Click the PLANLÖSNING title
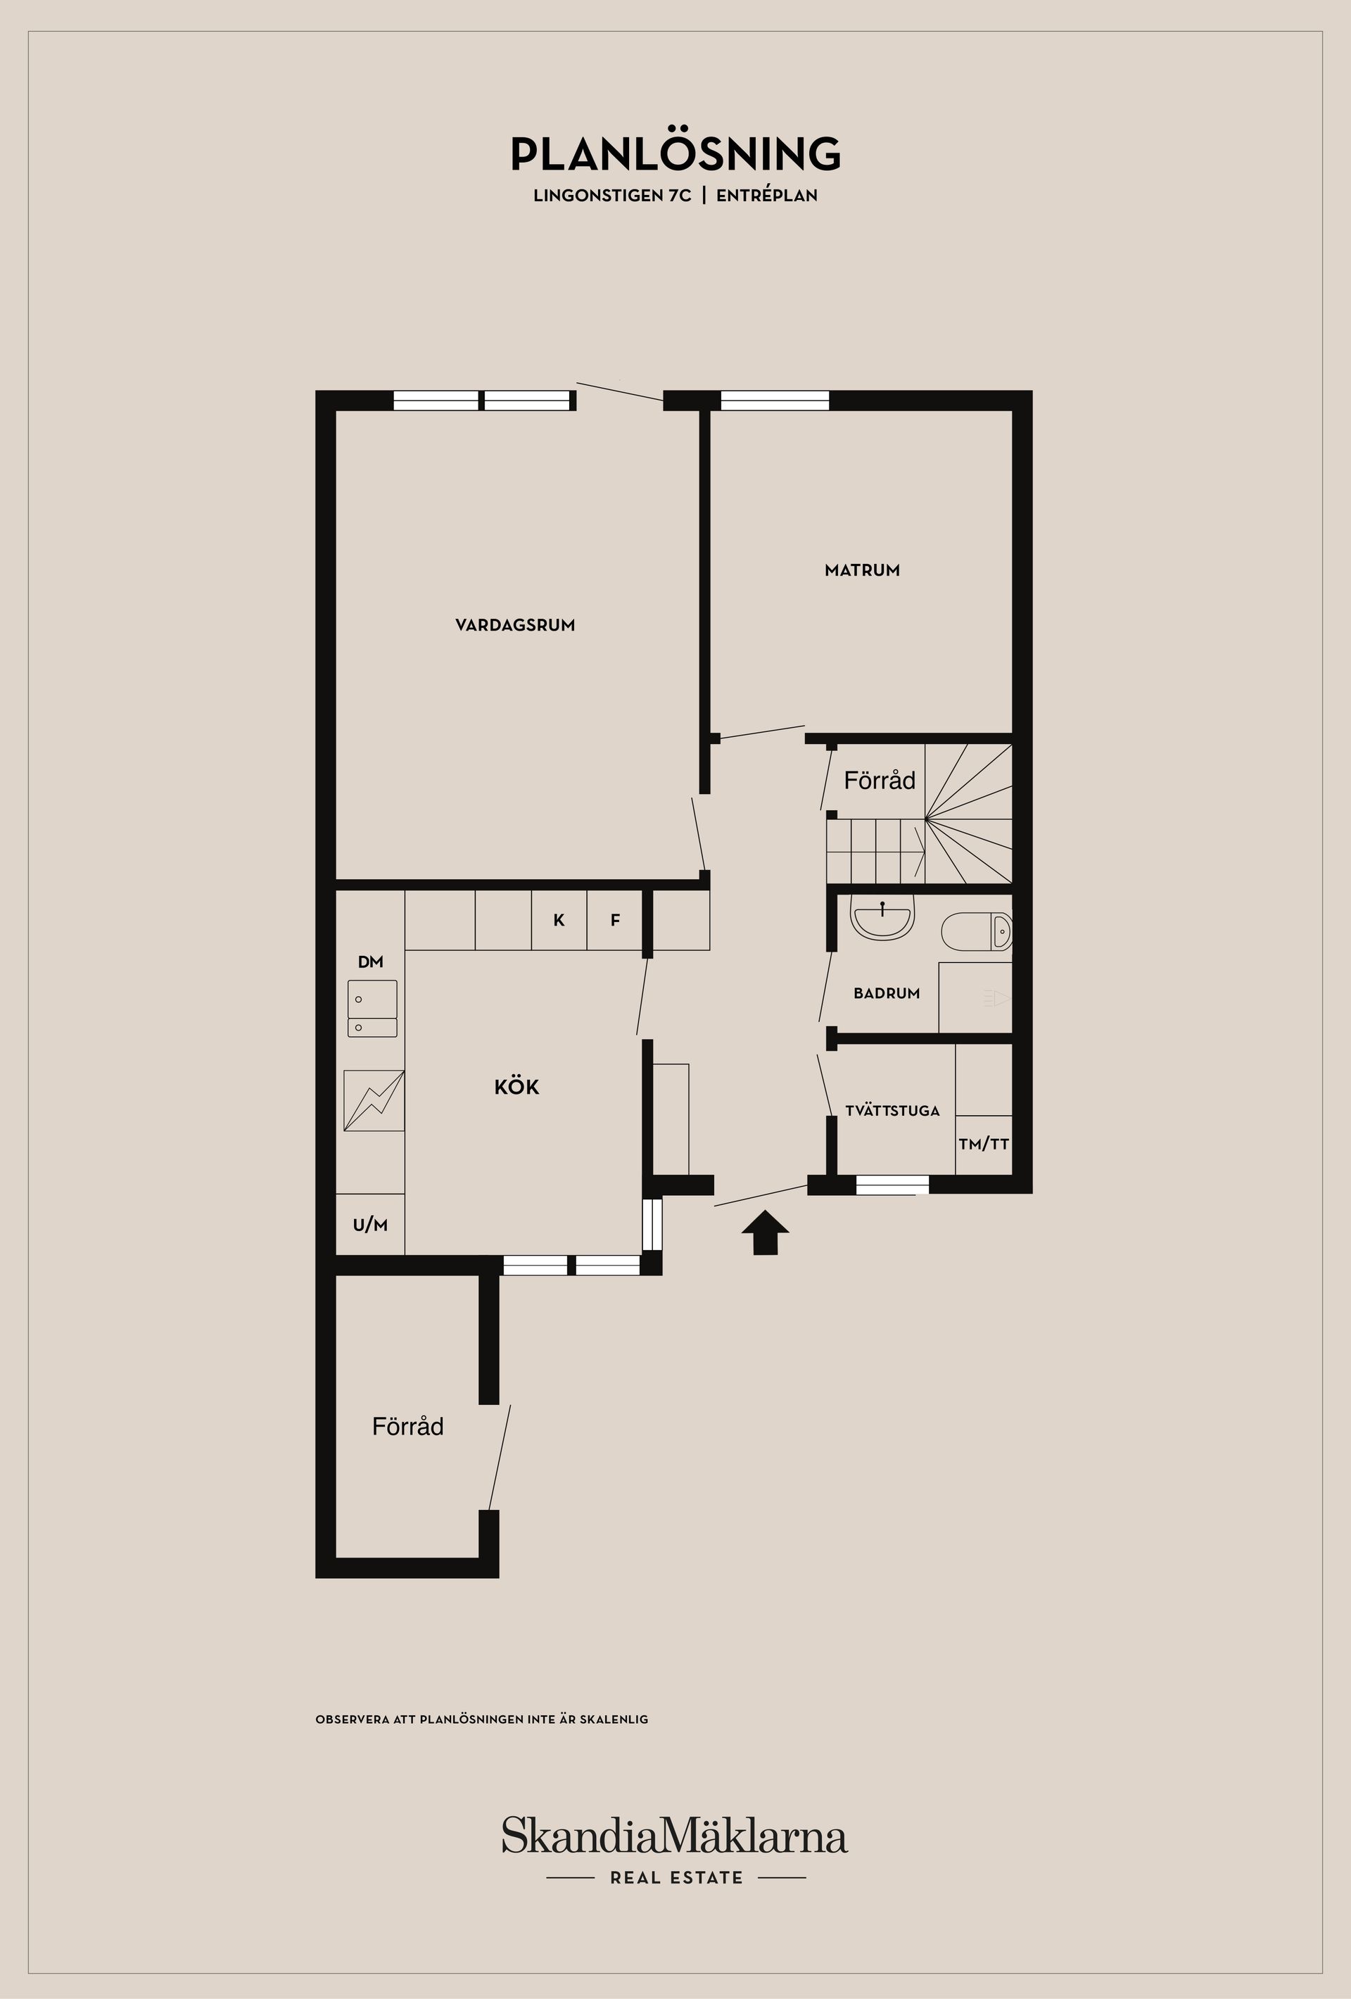click(x=675, y=155)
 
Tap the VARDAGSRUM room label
click(x=515, y=625)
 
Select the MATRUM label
click(x=862, y=570)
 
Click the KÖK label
click(x=517, y=1087)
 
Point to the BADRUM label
click(x=887, y=993)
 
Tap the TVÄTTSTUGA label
click(x=892, y=1111)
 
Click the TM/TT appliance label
click(x=984, y=1144)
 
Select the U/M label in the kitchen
click(x=370, y=1225)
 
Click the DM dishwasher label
click(x=371, y=961)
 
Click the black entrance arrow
click(x=764, y=1232)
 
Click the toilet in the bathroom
click(x=979, y=931)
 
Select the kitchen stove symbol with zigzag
click(x=373, y=1100)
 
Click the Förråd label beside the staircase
click(x=879, y=781)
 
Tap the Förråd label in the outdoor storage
click(x=407, y=1427)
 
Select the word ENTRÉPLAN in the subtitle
click(x=766, y=195)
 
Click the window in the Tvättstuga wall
click(x=892, y=1185)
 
